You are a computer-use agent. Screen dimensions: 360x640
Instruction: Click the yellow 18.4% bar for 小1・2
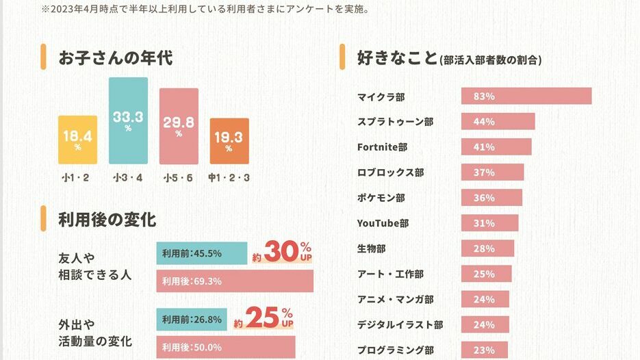pos(77,140)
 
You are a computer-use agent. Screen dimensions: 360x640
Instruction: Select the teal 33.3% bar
pos(128,120)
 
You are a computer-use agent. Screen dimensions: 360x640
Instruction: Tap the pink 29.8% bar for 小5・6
pos(179,127)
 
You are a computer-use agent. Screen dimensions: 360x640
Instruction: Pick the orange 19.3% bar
pos(229,141)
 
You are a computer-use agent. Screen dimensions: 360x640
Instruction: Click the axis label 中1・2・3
pos(229,179)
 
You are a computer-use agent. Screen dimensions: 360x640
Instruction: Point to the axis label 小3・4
pos(128,179)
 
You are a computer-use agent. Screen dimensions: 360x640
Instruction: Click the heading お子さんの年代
pos(115,57)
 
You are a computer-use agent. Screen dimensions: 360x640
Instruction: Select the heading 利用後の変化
pos(107,220)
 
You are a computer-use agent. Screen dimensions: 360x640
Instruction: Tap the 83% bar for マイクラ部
pos(526,97)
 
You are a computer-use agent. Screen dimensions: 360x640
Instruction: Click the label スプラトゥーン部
pos(395,122)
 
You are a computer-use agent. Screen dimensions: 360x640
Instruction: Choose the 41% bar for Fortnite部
pos(496,147)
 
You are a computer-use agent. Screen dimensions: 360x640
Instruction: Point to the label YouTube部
pos(383,223)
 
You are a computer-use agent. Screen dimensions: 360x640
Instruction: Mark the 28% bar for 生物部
pos(487,248)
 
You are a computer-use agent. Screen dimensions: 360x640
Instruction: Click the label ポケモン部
pos(381,198)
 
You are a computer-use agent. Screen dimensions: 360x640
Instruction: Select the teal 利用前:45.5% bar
pos(201,253)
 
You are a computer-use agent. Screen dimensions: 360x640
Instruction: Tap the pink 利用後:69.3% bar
pos(234,281)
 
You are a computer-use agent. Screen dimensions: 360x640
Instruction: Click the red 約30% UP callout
pos(282,252)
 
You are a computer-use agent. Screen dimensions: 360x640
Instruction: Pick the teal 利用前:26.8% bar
pos(193,319)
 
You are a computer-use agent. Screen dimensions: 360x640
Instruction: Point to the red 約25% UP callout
pos(264,318)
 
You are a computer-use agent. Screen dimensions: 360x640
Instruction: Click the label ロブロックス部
pos(390,172)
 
